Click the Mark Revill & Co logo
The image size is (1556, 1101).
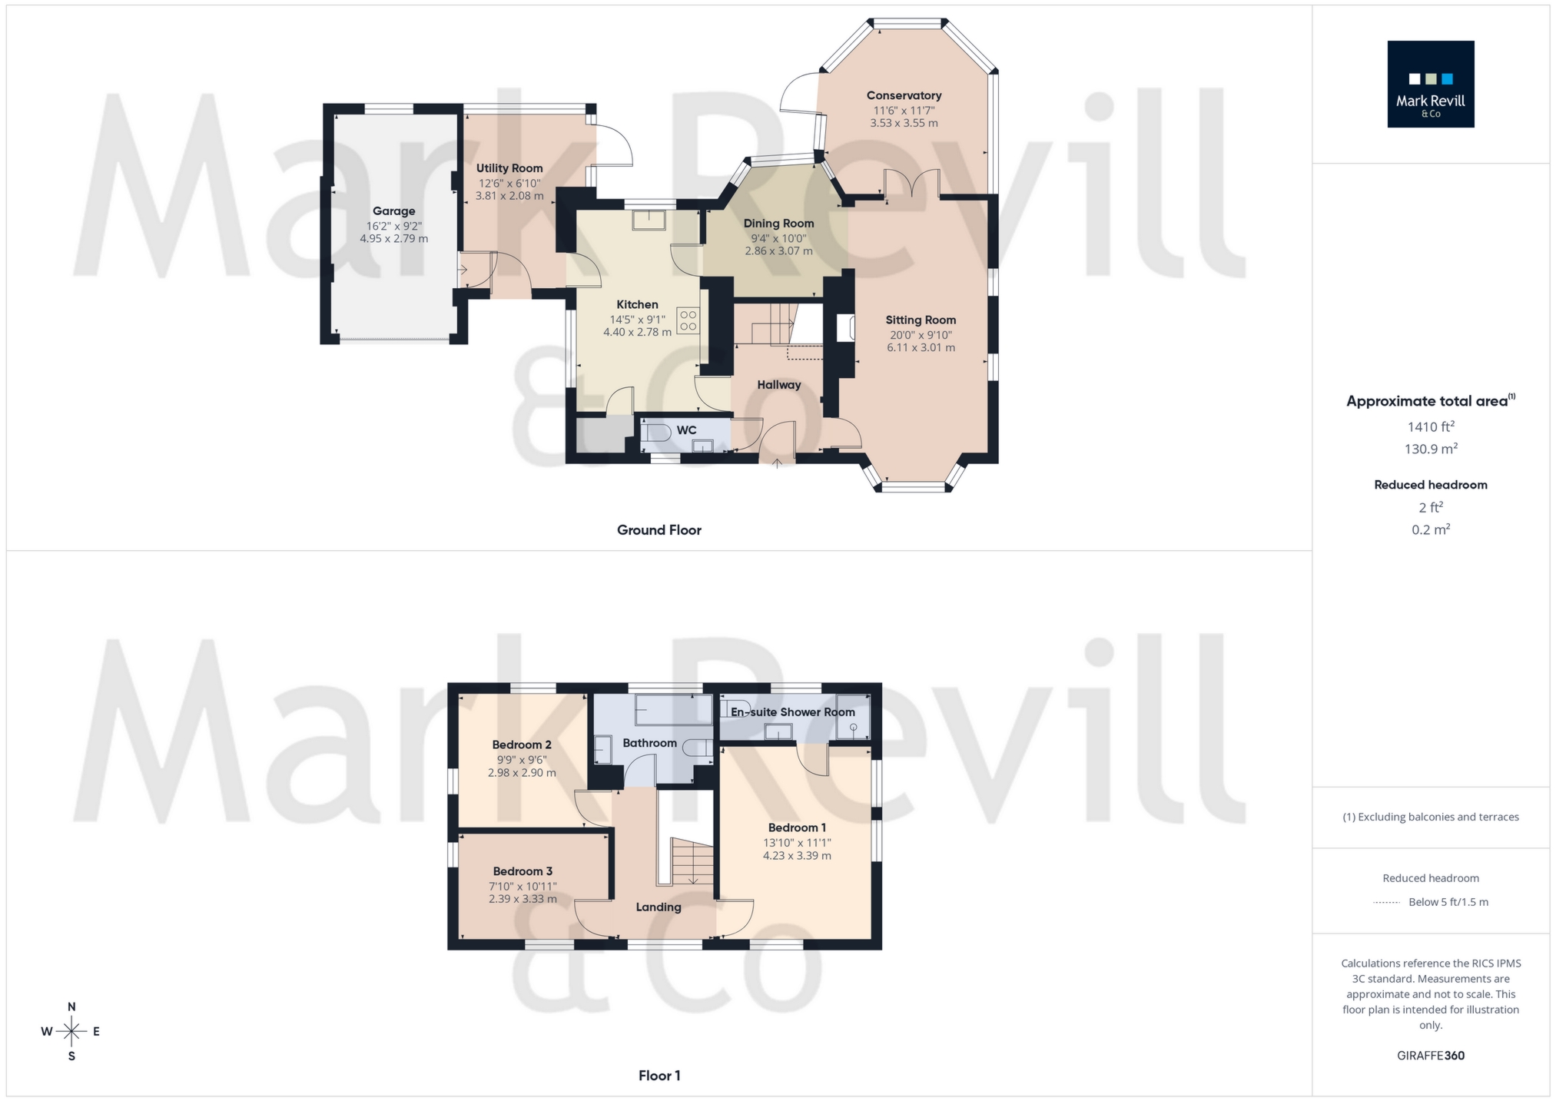1430,84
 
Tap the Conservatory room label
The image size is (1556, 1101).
904,95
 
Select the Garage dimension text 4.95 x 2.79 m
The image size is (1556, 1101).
393,239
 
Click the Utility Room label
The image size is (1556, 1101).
509,168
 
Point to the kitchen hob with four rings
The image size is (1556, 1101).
688,320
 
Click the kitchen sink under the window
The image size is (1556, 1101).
649,220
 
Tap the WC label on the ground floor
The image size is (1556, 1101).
686,430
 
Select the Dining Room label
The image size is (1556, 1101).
778,224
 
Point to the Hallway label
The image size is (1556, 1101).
778,385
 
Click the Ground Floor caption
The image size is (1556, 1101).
659,530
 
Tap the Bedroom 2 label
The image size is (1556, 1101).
522,745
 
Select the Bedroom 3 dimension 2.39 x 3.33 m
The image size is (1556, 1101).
523,899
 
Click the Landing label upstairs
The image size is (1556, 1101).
659,907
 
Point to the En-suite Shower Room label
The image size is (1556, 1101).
792,712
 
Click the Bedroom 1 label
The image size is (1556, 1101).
797,827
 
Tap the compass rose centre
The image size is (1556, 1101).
71,1031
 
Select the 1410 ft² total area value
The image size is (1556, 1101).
1430,427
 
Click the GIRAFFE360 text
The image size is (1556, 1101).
1430,1056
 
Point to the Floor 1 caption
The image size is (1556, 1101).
659,1076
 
